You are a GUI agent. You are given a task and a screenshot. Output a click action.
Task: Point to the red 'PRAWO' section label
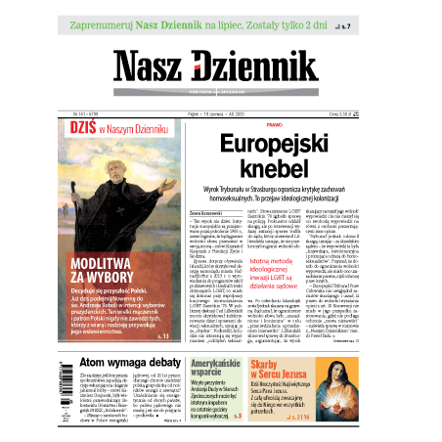pos(274,125)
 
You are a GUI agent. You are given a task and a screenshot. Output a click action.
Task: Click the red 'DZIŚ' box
pos(79,127)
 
